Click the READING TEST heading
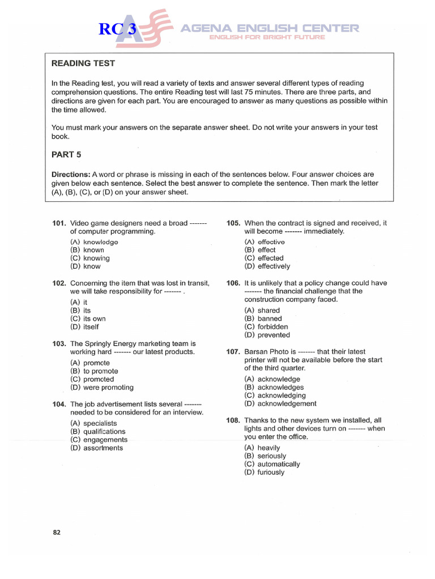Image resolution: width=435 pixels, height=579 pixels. (84, 63)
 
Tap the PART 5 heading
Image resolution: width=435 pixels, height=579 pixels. (67, 154)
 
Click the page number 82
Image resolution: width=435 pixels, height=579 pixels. (57, 532)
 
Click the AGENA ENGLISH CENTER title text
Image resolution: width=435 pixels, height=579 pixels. (270, 28)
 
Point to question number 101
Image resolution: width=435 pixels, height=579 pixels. (59, 223)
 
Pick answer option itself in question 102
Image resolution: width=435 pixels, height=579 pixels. (84, 327)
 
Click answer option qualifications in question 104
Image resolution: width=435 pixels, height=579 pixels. (97, 431)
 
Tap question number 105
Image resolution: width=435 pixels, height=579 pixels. (233, 223)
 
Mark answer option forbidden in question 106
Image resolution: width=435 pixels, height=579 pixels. (266, 327)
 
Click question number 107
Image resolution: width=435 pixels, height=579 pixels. (233, 352)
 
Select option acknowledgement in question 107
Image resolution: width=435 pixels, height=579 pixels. (280, 404)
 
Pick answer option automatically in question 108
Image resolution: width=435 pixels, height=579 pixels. (272, 464)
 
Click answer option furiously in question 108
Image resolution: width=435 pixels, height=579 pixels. (265, 472)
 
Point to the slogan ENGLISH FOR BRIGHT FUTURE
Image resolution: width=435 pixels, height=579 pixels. (267, 37)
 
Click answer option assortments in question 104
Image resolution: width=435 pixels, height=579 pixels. (96, 448)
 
